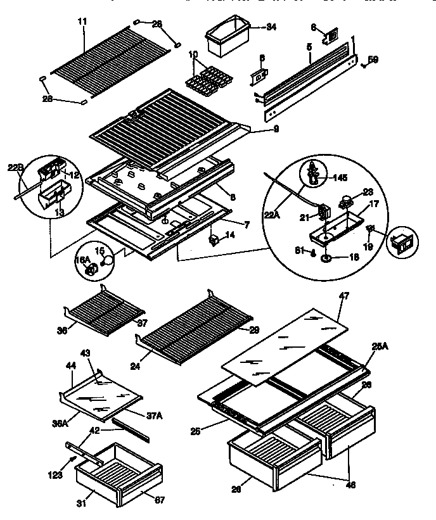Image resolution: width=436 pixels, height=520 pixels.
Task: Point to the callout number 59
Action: pos(373,61)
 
